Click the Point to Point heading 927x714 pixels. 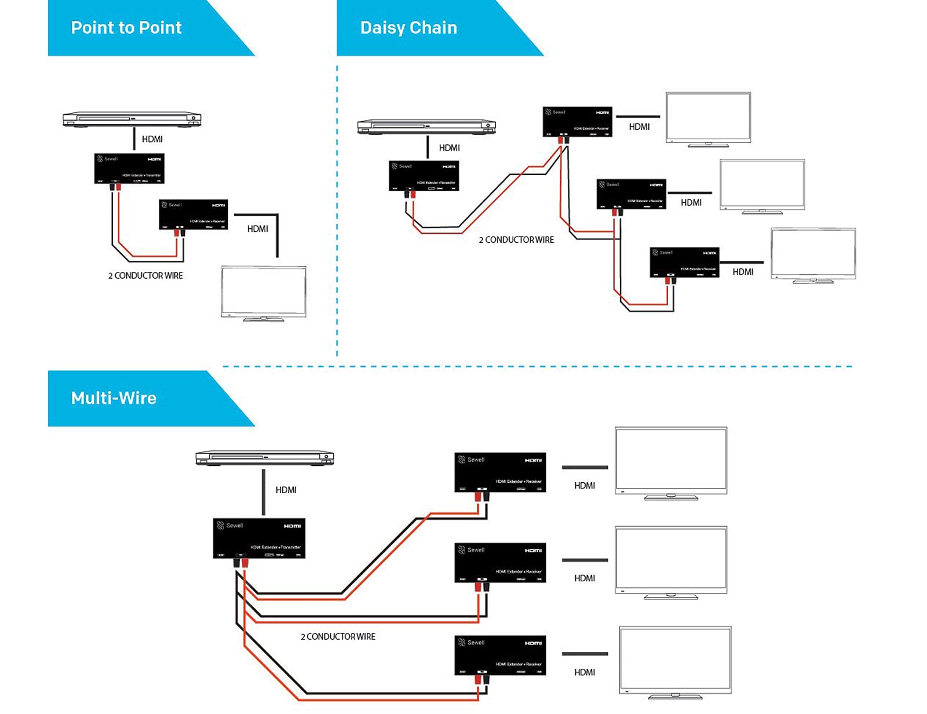point(126,28)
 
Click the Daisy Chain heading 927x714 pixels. point(408,28)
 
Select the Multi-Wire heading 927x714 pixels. point(114,398)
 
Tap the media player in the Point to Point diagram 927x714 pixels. point(132,119)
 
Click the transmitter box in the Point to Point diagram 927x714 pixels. point(129,168)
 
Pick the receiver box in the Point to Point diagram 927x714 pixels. point(194,214)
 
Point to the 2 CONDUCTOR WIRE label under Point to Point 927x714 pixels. point(145,276)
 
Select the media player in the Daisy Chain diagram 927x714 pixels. point(426,126)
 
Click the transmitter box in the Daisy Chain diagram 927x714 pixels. point(424,176)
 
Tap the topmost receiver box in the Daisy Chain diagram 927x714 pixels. point(578,122)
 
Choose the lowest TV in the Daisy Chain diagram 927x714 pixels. point(813,255)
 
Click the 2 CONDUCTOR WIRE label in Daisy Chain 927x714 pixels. point(516,240)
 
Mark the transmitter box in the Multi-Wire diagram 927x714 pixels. point(259,538)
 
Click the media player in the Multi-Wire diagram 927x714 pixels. point(265,458)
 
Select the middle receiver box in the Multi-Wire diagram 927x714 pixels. point(500,563)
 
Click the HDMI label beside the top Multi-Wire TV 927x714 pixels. point(585,486)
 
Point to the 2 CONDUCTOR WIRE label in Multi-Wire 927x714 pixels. point(338,637)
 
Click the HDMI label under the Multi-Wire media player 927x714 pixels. point(286,490)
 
